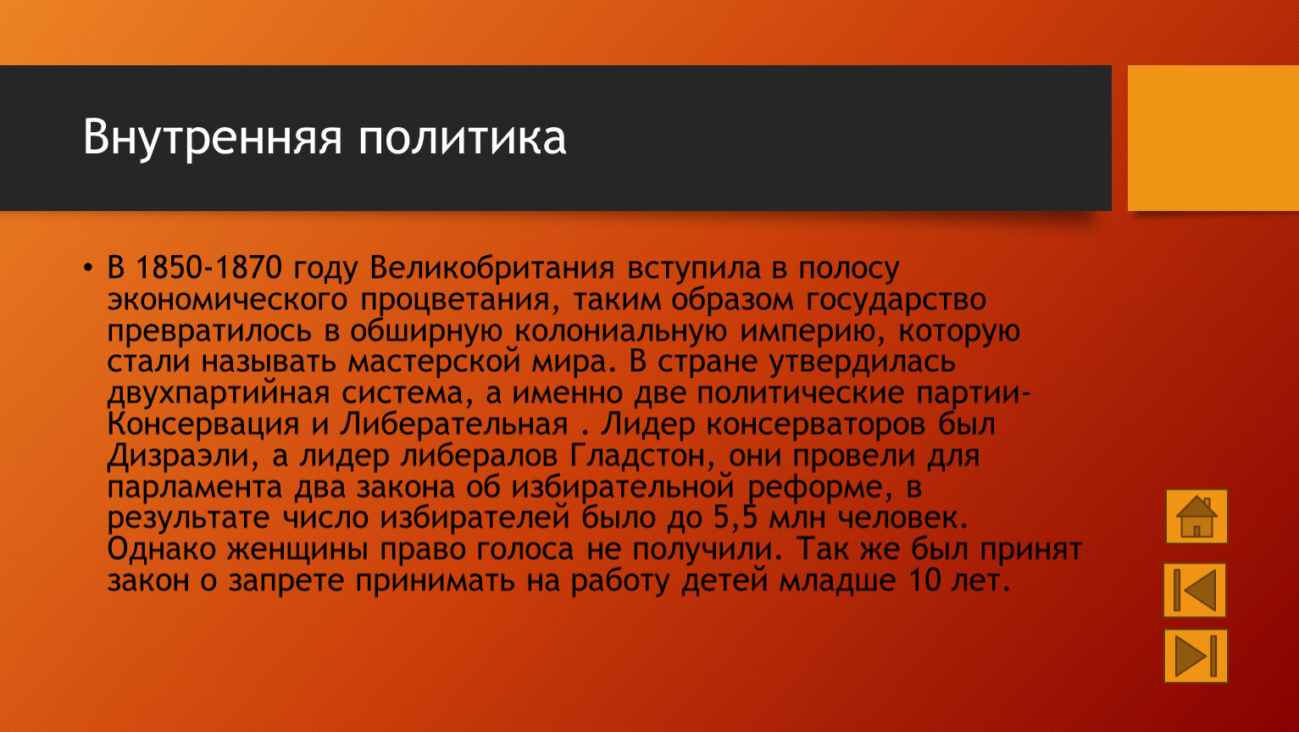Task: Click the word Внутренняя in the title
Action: pos(212,137)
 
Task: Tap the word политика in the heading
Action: pos(462,137)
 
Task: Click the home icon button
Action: pos(1196,516)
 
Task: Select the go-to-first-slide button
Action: pos(1195,590)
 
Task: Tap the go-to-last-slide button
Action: pos(1196,656)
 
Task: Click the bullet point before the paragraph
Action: pos(87,268)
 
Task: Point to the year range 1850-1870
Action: pos(208,268)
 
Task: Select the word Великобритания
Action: pos(491,268)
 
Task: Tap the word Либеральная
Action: pos(453,424)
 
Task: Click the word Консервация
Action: pos(203,424)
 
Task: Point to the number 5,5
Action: pos(736,518)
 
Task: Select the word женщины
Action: pos(297,549)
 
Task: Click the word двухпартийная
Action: pos(219,393)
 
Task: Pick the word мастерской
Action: pos(434,362)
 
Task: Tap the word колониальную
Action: pos(620,330)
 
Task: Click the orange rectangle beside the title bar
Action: pos(1213,138)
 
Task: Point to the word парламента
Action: pos(195,487)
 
